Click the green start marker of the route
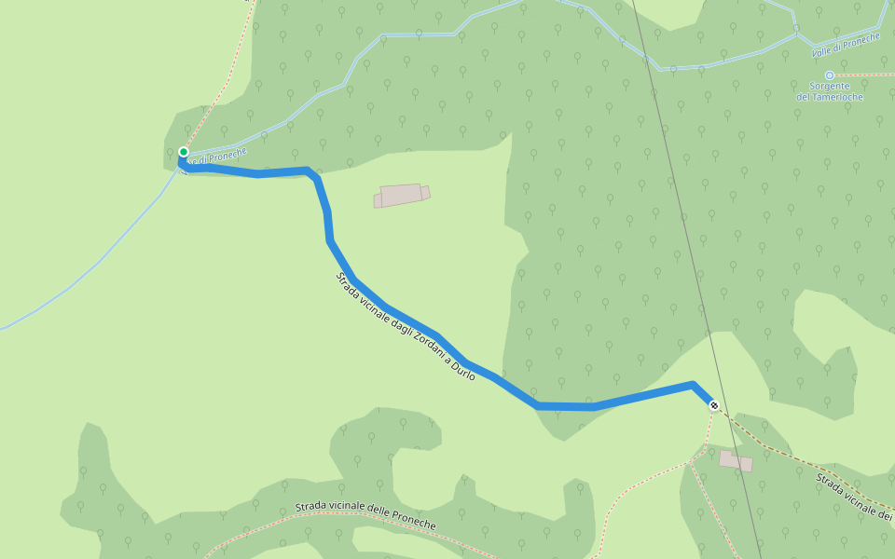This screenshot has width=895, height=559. (184, 152)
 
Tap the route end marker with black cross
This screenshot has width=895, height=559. (714, 405)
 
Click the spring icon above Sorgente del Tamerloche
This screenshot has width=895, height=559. (829, 75)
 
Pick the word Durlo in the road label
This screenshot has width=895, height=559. (462, 370)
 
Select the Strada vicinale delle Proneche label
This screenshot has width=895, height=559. (365, 513)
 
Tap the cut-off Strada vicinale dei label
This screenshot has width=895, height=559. (854, 495)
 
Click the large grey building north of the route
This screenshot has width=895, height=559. (401, 195)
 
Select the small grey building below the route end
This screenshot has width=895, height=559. (736, 460)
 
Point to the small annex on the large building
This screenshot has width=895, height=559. (425, 193)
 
